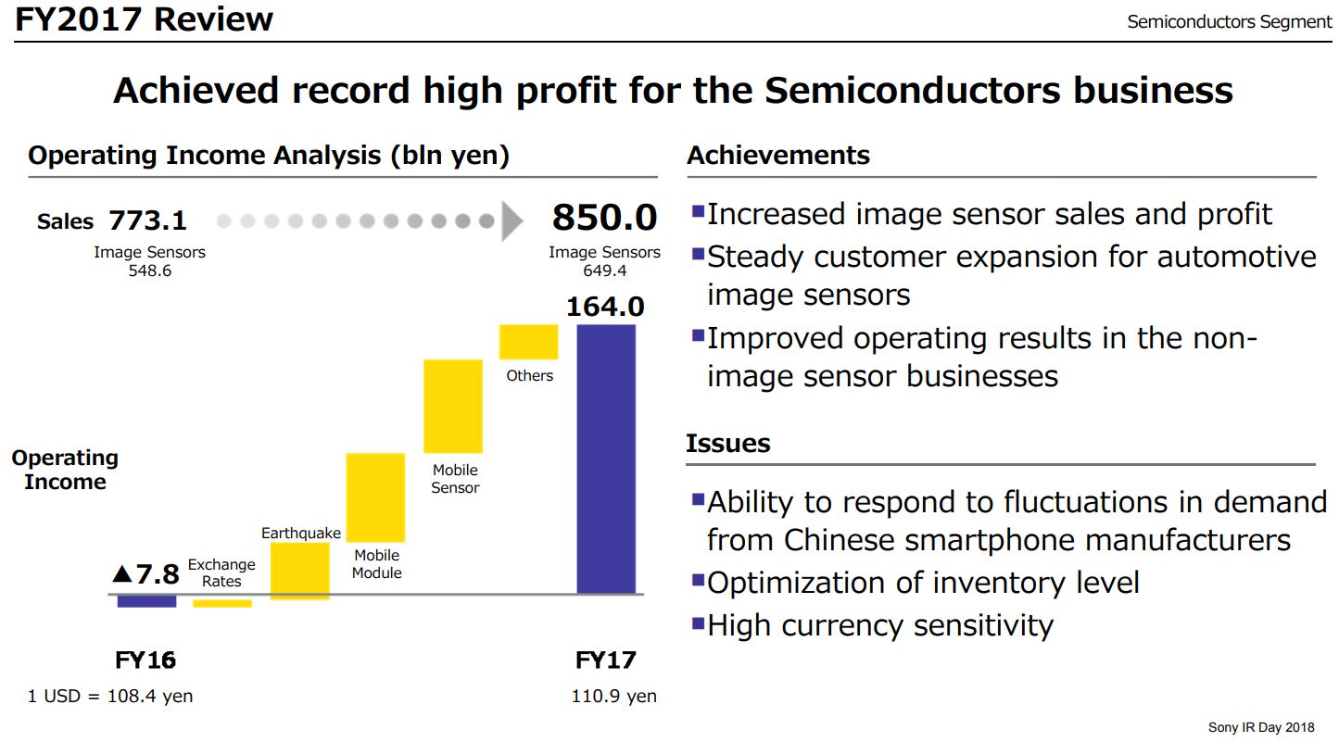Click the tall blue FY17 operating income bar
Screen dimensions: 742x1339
click(606, 459)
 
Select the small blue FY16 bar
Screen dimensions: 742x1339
click(146, 601)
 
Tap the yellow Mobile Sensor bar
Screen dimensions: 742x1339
click(453, 406)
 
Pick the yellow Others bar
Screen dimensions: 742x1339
click(528, 342)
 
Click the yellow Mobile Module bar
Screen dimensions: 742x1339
click(375, 497)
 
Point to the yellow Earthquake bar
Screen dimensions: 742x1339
click(299, 571)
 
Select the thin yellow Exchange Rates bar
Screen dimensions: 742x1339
click(222, 604)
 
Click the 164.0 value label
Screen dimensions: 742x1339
click(605, 306)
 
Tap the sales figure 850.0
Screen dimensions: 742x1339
click(604, 219)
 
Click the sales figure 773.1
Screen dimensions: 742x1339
click(147, 220)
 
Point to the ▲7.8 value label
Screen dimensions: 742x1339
click(145, 574)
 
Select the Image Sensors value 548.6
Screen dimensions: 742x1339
click(149, 271)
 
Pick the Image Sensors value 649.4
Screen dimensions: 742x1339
click(604, 271)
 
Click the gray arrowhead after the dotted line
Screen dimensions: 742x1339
click(512, 221)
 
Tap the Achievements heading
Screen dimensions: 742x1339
click(778, 156)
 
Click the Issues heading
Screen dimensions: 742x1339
click(728, 444)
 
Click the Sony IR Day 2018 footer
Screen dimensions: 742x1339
click(1260, 727)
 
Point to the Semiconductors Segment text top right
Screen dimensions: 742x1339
click(1229, 22)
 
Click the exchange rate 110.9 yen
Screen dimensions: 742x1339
click(613, 697)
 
